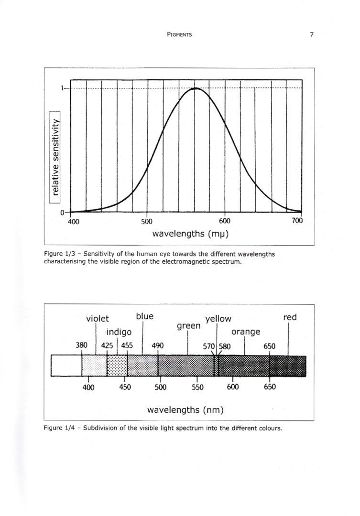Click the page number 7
[312, 34]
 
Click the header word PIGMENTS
[179, 34]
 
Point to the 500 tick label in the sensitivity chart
[147, 221]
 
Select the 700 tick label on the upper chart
[297, 220]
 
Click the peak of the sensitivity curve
[196, 88]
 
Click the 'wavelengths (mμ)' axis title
[190, 234]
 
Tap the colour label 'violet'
[97, 319]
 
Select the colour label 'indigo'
[119, 332]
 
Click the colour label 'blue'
[144, 316]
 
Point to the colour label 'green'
[188, 326]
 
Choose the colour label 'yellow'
[218, 319]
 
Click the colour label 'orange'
[246, 332]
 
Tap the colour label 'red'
[290, 317]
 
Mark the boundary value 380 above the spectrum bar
[82, 345]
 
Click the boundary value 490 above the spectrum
[157, 346]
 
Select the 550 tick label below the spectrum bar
[197, 387]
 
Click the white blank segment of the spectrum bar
[66, 365]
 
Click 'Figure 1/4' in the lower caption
[56, 428]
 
